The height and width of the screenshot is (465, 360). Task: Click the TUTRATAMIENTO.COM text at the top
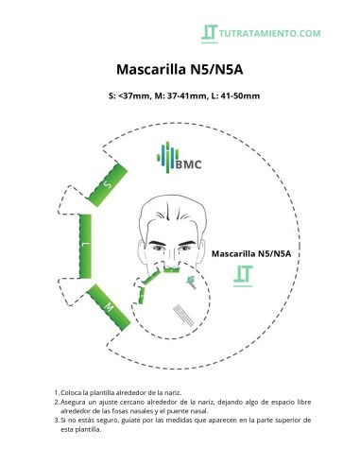269,33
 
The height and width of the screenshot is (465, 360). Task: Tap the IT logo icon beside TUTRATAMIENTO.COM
210,32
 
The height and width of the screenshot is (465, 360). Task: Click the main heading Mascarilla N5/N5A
180,69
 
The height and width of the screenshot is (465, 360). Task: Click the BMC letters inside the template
188,163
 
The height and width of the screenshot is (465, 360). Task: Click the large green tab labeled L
85,245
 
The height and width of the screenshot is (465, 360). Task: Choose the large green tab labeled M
108,307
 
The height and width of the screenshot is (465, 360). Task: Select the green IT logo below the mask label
242,276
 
